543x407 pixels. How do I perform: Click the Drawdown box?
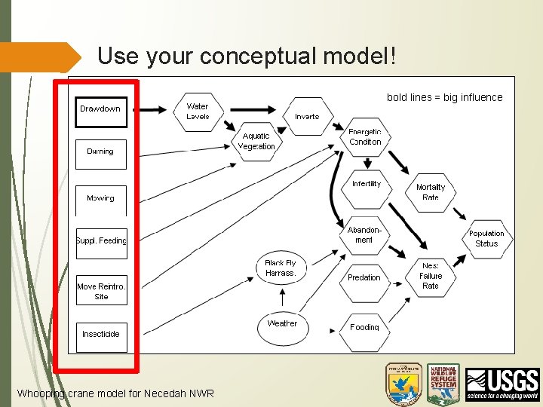[102, 110]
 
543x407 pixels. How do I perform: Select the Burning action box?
[102, 154]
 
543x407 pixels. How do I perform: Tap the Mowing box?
[102, 200]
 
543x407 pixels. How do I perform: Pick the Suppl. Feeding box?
[102, 242]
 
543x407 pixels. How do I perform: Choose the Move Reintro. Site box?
[102, 290]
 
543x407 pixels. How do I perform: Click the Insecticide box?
[102, 334]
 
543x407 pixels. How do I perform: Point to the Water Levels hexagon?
[198, 112]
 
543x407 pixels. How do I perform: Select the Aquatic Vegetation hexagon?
[256, 141]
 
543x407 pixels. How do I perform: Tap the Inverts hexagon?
[307, 116]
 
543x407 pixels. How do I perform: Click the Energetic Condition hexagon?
[365, 137]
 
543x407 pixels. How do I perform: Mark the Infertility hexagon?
[367, 185]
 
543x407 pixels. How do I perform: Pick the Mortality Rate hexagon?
[431, 191]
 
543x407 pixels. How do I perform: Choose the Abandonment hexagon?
[364, 234]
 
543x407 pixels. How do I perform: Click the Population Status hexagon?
[486, 238]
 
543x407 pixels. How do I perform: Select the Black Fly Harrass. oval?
[281, 268]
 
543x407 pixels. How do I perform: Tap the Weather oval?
[282, 324]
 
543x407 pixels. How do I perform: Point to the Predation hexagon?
[364, 277]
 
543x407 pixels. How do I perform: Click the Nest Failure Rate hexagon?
[431, 276]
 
